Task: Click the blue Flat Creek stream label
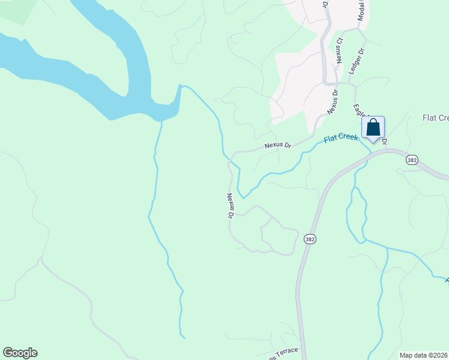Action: tap(340, 139)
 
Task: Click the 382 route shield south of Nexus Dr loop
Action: tap(309, 239)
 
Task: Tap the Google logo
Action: tap(20, 353)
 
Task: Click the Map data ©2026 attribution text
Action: tap(423, 355)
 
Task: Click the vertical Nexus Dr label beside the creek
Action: tap(230, 205)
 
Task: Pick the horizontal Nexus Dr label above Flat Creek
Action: tap(278, 146)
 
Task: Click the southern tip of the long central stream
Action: tap(183, 337)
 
